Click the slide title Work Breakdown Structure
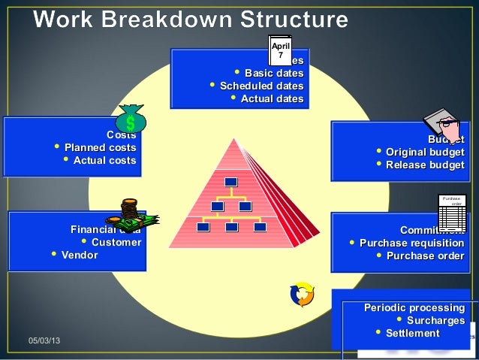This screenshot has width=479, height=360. [x=191, y=20]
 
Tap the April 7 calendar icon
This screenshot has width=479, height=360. [x=280, y=49]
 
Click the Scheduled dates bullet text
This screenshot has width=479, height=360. [x=261, y=86]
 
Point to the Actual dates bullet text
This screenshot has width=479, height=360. [x=272, y=98]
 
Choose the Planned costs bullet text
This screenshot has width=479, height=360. [x=100, y=147]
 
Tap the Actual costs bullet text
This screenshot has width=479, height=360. [x=104, y=160]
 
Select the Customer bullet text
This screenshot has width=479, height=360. [x=116, y=242]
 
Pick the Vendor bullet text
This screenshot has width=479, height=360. [x=80, y=255]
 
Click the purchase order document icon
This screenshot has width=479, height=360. [x=452, y=212]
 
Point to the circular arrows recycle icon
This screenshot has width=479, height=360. [x=302, y=295]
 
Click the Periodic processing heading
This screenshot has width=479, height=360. [x=414, y=308]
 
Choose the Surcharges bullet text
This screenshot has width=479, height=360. [x=435, y=321]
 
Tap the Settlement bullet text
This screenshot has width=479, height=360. [x=413, y=333]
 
